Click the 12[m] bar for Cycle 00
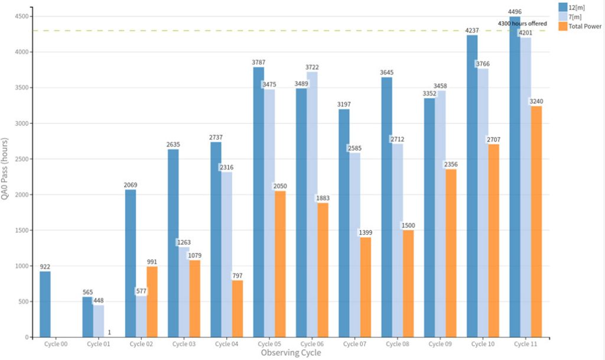coord(45,304)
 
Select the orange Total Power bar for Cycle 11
coord(536,222)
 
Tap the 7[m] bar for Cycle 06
coord(312,205)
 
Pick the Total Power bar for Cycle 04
coord(238,309)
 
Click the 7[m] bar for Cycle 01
coord(99,321)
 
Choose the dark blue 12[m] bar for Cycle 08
coord(386,207)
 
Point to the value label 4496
coord(515,12)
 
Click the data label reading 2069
coord(131,185)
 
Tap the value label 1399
coord(365,233)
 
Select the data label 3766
coord(483,64)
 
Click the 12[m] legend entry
coord(572,7)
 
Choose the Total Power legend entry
coord(580,26)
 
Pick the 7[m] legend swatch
coord(563,17)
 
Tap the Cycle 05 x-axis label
coord(269,344)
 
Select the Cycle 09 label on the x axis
coord(440,344)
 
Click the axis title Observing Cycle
coord(291,353)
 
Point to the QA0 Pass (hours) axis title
coord(5,168)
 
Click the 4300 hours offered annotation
coord(522,24)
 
